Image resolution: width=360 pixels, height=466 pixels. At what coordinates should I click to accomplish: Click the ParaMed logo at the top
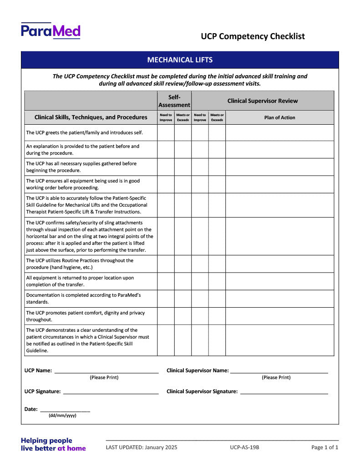[51, 31]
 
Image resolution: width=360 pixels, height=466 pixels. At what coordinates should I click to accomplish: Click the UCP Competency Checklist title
[253, 36]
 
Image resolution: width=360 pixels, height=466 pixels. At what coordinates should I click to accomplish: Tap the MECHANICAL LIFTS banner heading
[180, 60]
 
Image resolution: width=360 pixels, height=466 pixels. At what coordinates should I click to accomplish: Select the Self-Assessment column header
[174, 101]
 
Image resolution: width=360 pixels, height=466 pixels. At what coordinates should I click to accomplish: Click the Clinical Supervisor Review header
[263, 101]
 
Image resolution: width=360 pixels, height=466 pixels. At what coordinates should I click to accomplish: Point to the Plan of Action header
[279, 117]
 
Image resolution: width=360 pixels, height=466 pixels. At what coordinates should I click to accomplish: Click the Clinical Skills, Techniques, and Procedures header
[91, 117]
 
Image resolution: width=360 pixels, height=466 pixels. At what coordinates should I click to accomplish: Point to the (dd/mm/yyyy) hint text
[62, 415]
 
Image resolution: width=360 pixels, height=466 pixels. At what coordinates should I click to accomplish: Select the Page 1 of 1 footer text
[325, 447]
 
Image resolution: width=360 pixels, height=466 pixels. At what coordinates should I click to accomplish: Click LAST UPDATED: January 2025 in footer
[142, 447]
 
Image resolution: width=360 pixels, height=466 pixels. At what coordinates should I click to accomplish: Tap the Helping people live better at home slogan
[53, 444]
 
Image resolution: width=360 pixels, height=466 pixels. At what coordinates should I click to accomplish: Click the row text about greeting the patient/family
[85, 133]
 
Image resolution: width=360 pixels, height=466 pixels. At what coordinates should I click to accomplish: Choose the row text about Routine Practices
[80, 264]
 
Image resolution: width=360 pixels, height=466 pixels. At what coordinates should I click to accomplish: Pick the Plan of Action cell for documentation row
[279, 299]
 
